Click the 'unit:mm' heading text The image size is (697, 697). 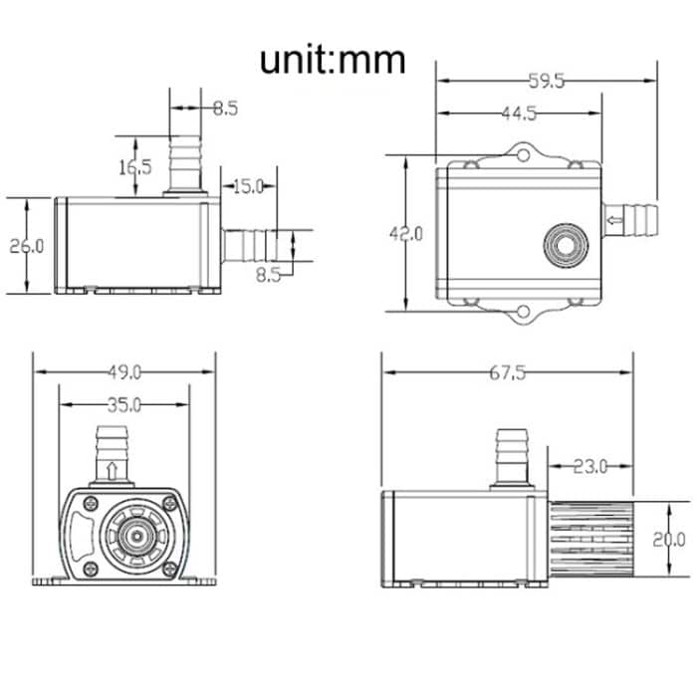pyautogui.click(x=333, y=60)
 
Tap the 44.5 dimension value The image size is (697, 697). pyautogui.click(x=518, y=114)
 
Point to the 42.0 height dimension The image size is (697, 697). pyautogui.click(x=405, y=233)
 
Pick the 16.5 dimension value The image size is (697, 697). pyautogui.click(x=135, y=166)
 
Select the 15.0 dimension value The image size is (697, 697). pyautogui.click(x=247, y=185)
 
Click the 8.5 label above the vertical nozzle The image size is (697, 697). pyautogui.click(x=225, y=109)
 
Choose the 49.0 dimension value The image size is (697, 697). pyautogui.click(x=124, y=372)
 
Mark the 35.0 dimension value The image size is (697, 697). pyautogui.click(x=124, y=405)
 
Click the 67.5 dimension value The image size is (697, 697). pyautogui.click(x=507, y=373)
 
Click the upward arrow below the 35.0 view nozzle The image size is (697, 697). pyautogui.click(x=113, y=469)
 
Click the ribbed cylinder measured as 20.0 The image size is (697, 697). pyautogui.click(x=590, y=540)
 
